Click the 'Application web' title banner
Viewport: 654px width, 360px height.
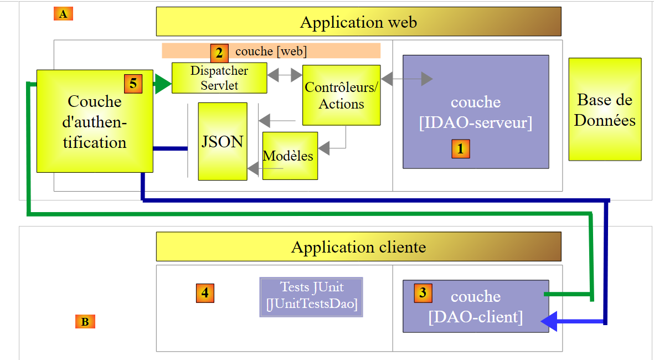click(358, 22)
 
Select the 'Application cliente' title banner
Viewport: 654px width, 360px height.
click(358, 246)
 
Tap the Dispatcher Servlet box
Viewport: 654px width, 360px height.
click(219, 78)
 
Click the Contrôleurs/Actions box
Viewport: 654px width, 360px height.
click(342, 95)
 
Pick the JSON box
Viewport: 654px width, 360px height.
click(223, 141)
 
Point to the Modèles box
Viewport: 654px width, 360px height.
click(290, 156)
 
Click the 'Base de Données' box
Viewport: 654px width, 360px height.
click(605, 109)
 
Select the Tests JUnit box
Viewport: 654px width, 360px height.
click(311, 296)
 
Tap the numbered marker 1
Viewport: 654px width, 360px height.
click(461, 148)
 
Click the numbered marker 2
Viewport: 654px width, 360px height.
click(219, 53)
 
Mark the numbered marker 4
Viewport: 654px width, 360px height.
click(205, 293)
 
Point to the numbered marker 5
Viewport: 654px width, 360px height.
click(133, 84)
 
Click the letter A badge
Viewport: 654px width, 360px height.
click(63, 14)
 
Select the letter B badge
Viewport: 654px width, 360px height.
click(85, 322)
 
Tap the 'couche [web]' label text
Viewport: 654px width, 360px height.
click(271, 52)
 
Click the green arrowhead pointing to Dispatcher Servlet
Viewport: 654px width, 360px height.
click(163, 84)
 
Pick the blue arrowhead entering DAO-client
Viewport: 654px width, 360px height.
click(549, 321)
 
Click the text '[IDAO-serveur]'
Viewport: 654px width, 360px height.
click(476, 123)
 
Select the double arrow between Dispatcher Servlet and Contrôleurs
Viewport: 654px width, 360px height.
click(285, 74)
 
